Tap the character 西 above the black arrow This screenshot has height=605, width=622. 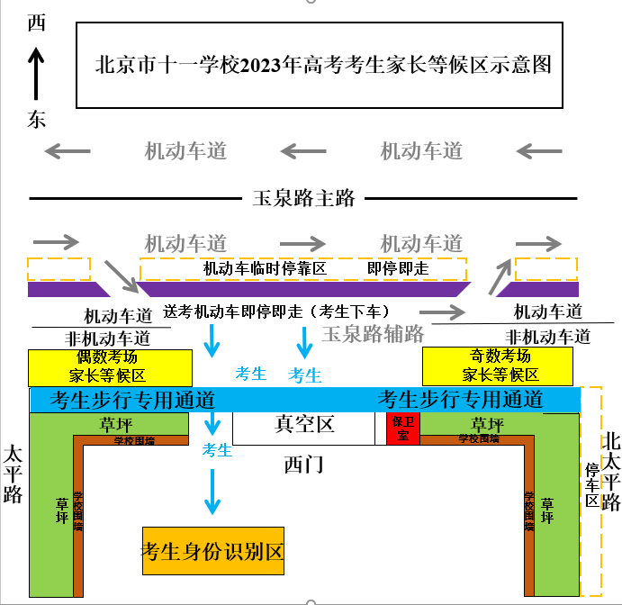(x=37, y=24)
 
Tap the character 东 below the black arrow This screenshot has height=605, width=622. (x=37, y=120)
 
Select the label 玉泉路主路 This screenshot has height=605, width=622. (x=304, y=198)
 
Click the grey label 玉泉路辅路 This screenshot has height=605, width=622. (x=373, y=334)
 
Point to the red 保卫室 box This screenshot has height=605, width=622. (x=397, y=428)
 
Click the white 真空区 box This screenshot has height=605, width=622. (x=303, y=426)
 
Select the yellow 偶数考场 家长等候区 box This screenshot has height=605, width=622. (x=110, y=366)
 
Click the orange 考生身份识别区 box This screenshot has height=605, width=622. (x=212, y=551)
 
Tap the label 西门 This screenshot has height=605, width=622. (x=303, y=465)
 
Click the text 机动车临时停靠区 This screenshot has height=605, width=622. (x=264, y=268)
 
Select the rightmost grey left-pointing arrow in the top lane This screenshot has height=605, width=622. (x=539, y=150)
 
